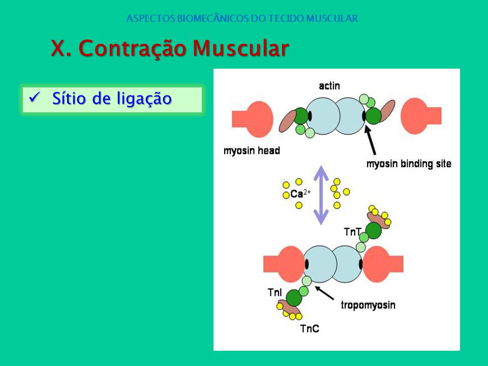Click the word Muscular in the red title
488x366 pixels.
tap(240, 48)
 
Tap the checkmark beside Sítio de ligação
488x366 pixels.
tap(34, 98)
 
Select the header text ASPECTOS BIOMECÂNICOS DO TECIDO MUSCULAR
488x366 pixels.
tap(242, 18)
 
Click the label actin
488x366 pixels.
tap(329, 86)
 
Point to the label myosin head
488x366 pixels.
tap(252, 150)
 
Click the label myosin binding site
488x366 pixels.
tap(409, 164)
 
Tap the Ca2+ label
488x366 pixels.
tap(300, 193)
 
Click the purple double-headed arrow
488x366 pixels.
tap(321, 195)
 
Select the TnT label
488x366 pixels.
tap(352, 232)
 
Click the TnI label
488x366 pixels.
tap(274, 293)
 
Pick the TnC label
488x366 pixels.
tap(310, 329)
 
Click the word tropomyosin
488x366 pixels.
tap(368, 305)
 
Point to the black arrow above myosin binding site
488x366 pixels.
tap(371, 140)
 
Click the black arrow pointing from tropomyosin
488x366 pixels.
tap(324, 293)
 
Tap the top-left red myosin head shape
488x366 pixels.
tap(253, 119)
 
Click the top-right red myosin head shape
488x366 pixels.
tap(421, 116)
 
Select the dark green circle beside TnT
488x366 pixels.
tap(373, 231)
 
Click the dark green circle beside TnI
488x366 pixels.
tap(294, 298)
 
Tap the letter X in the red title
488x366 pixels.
tap(58, 48)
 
